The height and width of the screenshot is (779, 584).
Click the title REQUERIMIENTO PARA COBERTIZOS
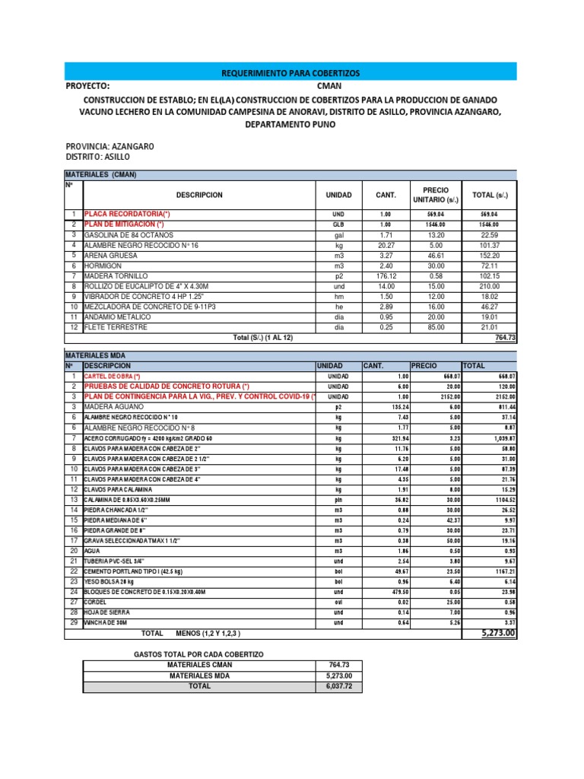pyautogui.click(x=290, y=72)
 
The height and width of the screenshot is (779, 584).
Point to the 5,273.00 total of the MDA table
pyautogui.click(x=498, y=633)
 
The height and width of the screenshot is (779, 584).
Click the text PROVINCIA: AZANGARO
pyautogui.click(x=110, y=146)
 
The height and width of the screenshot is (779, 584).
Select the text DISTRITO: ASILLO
pyautogui.click(x=98, y=157)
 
